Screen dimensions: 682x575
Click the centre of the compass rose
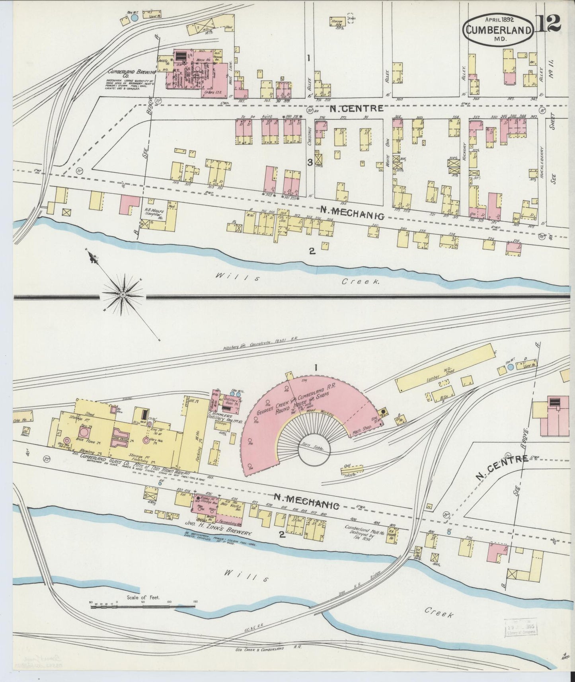[123, 294]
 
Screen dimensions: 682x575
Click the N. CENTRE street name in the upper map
[356, 108]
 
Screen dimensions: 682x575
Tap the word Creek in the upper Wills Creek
[359, 281]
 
